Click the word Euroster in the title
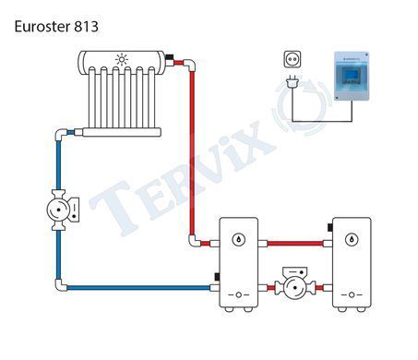click(x=42, y=27)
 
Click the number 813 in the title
click(x=86, y=27)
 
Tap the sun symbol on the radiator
click(x=122, y=59)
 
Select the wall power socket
click(x=293, y=59)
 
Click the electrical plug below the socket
click(x=293, y=82)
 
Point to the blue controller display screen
click(x=352, y=74)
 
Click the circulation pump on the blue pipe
click(x=62, y=210)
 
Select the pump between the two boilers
click(x=295, y=283)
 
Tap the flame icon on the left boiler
click(x=238, y=239)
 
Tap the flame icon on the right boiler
click(x=352, y=239)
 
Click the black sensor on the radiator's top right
click(x=170, y=57)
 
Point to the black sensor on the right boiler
click(x=329, y=228)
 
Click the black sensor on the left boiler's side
click(x=217, y=277)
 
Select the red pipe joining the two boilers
click(x=295, y=244)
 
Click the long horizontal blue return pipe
click(x=138, y=288)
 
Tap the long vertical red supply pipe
click(x=192, y=153)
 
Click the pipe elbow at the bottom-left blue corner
click(x=60, y=285)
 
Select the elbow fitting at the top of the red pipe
click(x=189, y=65)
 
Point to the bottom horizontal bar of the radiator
click(x=122, y=132)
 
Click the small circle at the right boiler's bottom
click(x=352, y=295)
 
